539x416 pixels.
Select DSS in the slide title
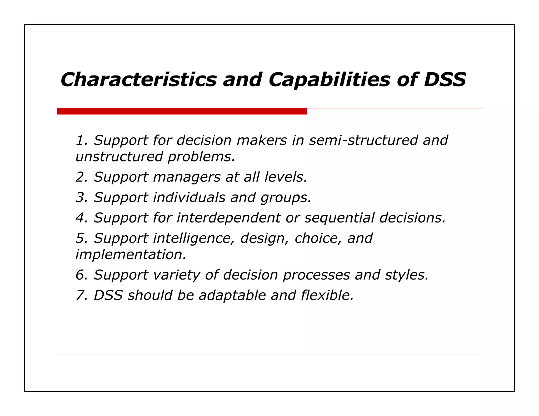[x=445, y=79]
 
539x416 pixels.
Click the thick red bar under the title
[x=182, y=111]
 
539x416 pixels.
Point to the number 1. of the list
[x=81, y=140]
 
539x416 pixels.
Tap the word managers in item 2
[x=187, y=177]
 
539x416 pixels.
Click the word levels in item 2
[x=286, y=177]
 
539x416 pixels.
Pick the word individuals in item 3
[x=189, y=197]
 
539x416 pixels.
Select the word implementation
[x=131, y=255]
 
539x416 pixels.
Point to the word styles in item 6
[x=407, y=275]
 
